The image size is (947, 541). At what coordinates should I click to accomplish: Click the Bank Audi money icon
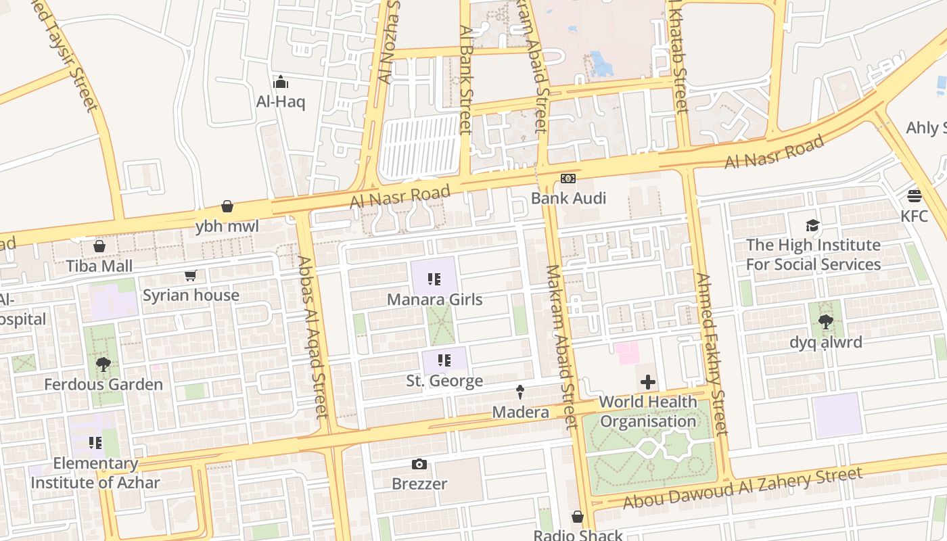568,179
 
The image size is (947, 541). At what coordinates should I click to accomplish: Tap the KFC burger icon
915,196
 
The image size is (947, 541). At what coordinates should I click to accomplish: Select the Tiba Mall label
99,266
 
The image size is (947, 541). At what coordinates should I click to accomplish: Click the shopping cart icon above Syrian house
190,275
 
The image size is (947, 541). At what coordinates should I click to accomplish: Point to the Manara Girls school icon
434,279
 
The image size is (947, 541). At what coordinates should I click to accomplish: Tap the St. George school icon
444,360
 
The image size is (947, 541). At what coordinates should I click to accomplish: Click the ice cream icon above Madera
520,392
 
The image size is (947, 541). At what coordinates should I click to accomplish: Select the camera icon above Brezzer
419,464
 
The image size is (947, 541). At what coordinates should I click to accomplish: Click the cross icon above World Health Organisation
648,382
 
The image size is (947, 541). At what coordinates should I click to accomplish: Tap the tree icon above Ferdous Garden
103,364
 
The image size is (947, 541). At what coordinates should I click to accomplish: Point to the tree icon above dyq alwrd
825,322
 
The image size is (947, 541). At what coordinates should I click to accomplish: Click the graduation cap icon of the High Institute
812,225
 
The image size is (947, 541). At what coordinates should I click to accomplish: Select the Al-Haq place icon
281,83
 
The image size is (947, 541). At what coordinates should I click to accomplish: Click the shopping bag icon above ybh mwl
227,206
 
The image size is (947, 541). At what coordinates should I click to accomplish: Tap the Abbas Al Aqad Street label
313,336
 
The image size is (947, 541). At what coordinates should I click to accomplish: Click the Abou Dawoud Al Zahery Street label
742,488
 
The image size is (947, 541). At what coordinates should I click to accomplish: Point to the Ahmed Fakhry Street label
711,353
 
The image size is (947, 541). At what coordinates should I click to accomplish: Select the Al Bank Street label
465,80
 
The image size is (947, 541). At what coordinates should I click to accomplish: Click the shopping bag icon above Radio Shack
578,517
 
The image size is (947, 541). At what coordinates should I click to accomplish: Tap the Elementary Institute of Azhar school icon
95,443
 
